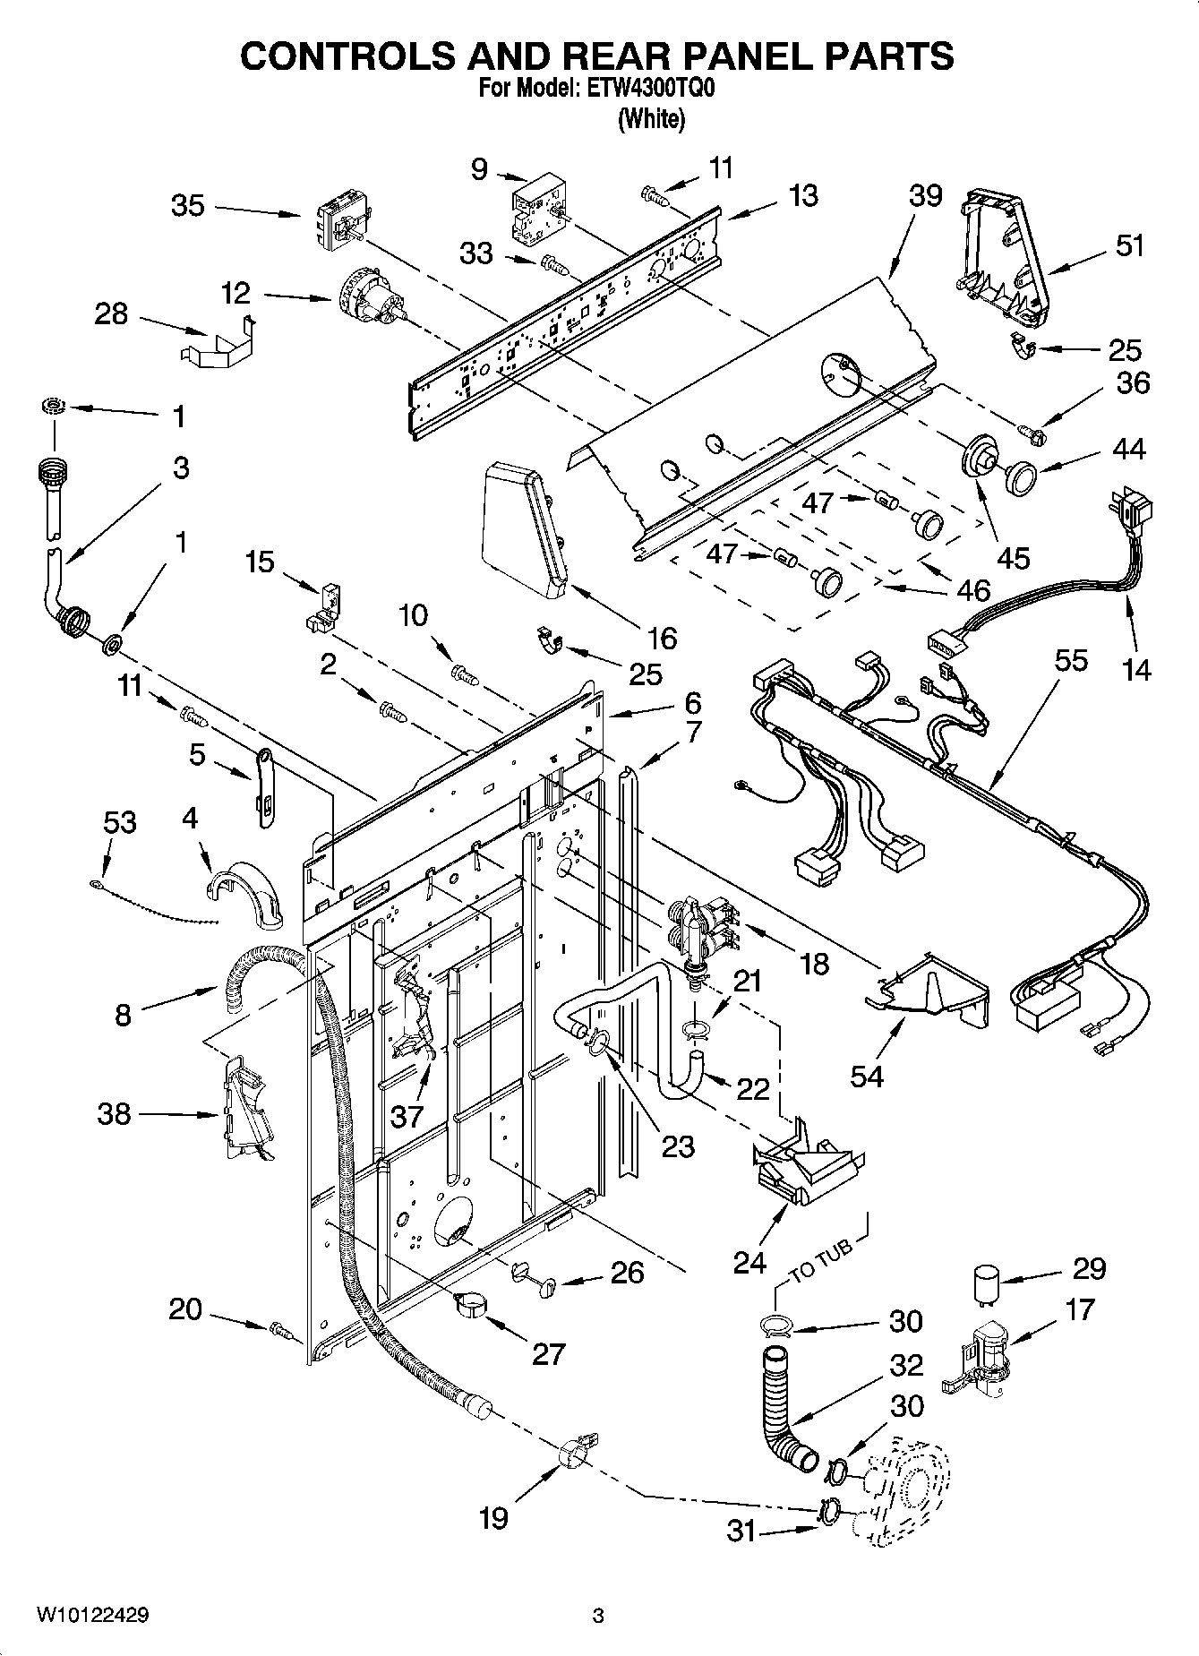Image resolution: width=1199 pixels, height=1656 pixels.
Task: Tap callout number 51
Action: click(1129, 245)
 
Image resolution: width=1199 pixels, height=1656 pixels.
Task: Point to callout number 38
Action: click(114, 1114)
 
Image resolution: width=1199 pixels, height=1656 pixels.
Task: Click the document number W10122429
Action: click(92, 1616)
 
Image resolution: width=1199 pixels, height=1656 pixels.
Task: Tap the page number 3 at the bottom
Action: click(598, 1616)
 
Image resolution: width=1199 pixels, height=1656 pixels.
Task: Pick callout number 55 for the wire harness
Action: click(1071, 661)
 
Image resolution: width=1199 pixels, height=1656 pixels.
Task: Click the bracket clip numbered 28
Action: click(218, 344)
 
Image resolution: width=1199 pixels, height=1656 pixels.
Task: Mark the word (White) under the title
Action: click(651, 119)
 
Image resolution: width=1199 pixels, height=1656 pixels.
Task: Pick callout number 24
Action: click(749, 1262)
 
